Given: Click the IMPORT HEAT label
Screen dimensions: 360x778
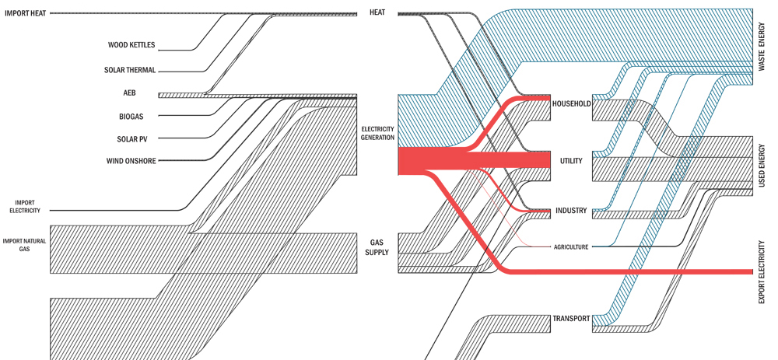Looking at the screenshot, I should [x=26, y=13].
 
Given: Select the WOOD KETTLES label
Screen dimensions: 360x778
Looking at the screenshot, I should [x=131, y=45].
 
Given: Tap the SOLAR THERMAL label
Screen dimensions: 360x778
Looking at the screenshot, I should [x=130, y=70].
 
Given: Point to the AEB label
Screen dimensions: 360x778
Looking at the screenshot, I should [x=129, y=93].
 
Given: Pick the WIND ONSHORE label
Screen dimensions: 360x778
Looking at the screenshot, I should [x=131, y=161].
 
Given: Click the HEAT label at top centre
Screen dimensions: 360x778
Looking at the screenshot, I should [x=377, y=12].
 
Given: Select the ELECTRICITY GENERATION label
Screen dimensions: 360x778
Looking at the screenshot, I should [x=377, y=133].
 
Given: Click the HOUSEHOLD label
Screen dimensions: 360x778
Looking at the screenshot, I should [x=571, y=104].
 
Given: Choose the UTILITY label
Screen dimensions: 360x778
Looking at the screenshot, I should [x=571, y=161].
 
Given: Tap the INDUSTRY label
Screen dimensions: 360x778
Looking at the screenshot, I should [x=571, y=211].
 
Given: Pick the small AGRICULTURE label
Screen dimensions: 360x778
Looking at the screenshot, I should [x=571, y=247].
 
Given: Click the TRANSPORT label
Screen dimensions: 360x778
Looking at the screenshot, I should [x=571, y=319].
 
